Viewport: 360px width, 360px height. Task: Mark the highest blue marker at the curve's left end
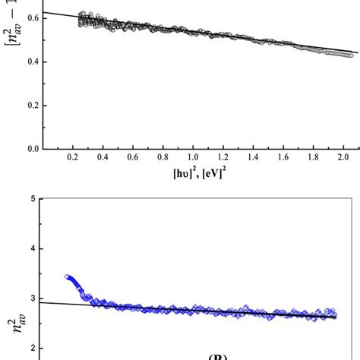(x=68, y=277)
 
